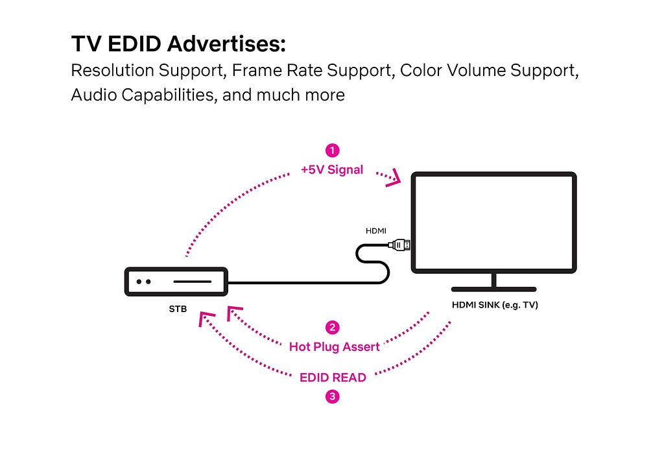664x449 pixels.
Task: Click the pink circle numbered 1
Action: (332, 151)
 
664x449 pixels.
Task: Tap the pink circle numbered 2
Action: (332, 327)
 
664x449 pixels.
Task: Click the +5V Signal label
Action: (332, 170)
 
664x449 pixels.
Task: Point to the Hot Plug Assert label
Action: (334, 346)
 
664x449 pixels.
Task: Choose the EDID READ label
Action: (333, 377)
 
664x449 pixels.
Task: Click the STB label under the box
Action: (178, 309)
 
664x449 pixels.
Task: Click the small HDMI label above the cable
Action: (377, 231)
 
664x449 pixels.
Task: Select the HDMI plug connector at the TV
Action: (399, 245)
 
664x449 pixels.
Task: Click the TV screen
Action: (494, 223)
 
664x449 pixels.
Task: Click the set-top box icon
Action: (176, 282)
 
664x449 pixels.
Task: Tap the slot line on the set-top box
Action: (191, 282)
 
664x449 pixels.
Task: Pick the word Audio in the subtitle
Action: (89, 95)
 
